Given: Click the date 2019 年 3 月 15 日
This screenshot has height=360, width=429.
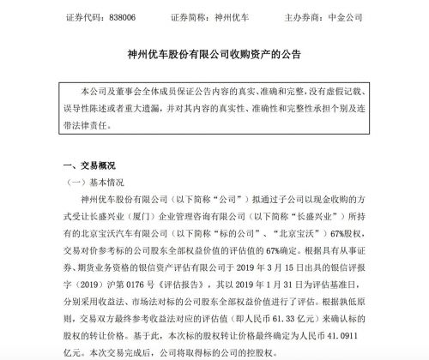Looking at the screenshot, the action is pos(293,269).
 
